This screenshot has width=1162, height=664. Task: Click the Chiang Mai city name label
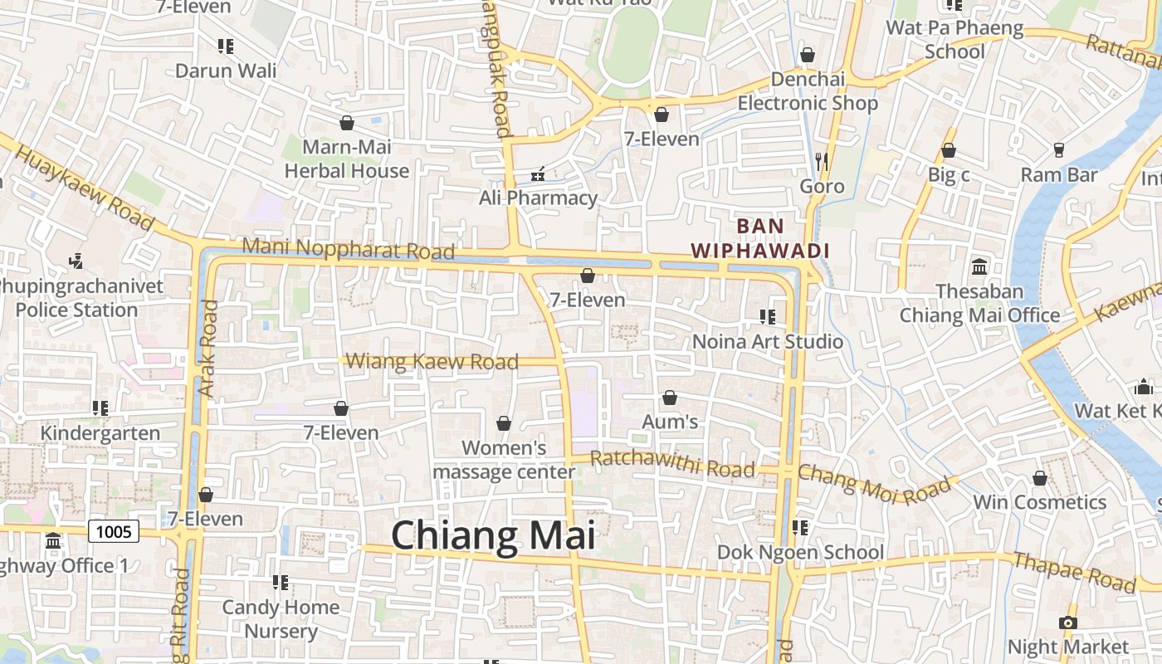coord(493,535)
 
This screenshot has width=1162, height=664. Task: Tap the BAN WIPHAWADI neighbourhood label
coord(760,238)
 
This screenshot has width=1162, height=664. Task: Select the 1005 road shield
coord(114,531)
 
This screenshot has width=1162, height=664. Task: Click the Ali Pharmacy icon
coord(538,173)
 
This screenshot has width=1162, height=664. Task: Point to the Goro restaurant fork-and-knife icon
coord(822,161)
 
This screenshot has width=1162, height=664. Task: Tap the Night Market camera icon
coord(1068,622)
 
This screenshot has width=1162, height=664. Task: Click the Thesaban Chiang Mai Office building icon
coord(979,267)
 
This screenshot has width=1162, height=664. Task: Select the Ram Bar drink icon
coord(1058,150)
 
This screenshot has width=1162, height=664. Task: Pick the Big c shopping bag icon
coord(948,150)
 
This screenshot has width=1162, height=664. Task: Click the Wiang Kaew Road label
coord(432,361)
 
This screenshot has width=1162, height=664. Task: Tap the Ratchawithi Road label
coord(672,464)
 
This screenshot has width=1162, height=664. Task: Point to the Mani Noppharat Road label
coord(349,248)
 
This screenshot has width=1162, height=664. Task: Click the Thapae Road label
coord(1074,572)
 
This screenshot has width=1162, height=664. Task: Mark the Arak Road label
coord(207,348)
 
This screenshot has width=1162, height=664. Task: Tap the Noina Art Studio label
coord(768,341)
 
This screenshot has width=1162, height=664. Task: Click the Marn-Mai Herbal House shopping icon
coord(347,123)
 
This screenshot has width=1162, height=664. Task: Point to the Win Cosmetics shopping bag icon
coord(1039,478)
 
